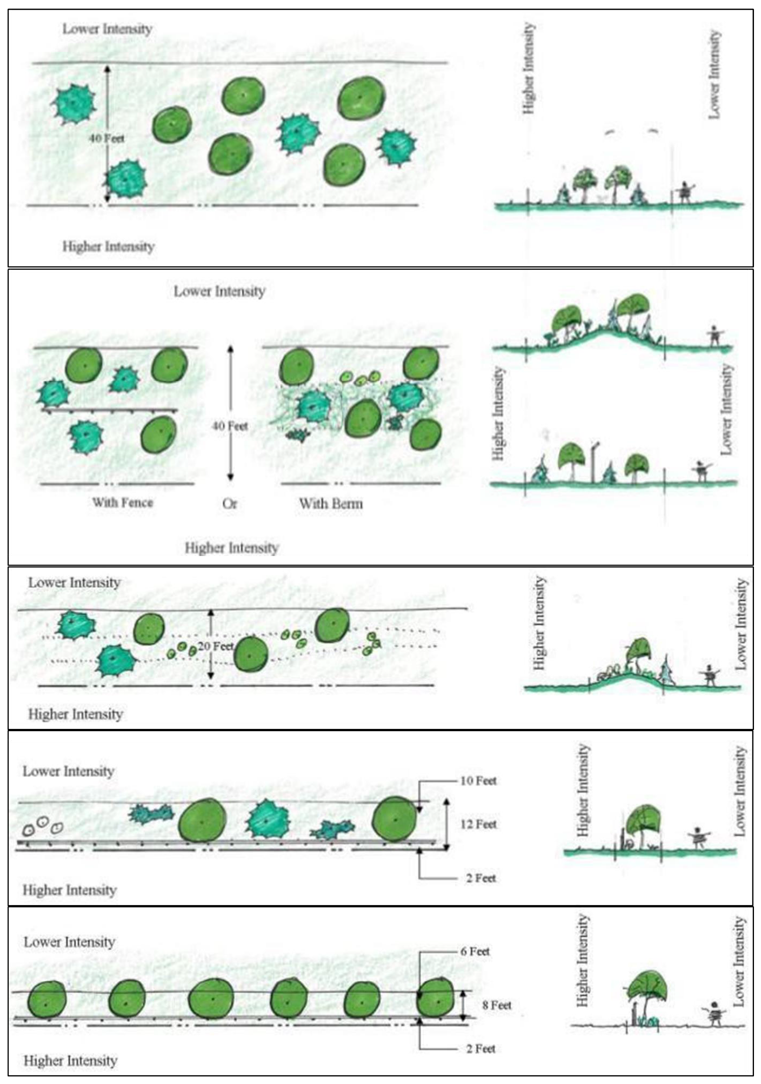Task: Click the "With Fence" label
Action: (123, 503)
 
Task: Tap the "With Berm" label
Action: (331, 504)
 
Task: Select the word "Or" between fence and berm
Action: (229, 504)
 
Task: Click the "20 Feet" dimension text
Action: (216, 646)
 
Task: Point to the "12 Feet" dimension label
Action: (478, 824)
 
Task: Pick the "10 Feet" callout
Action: (478, 780)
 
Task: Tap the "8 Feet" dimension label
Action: (497, 1005)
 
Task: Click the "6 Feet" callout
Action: (475, 951)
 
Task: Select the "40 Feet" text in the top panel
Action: (106, 138)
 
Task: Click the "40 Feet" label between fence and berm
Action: (230, 426)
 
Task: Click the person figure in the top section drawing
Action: (685, 192)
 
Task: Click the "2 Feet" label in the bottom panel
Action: (481, 1048)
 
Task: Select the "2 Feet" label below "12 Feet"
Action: (481, 878)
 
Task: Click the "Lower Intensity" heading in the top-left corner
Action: (107, 29)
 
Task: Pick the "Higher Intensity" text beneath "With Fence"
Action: (231, 548)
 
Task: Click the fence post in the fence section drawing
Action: (595, 462)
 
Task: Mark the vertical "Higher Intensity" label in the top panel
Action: (529, 68)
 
